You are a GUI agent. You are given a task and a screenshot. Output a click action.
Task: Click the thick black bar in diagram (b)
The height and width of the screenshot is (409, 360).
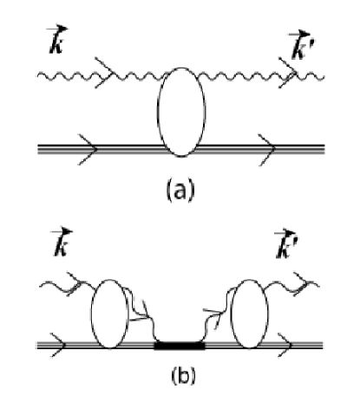180,345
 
